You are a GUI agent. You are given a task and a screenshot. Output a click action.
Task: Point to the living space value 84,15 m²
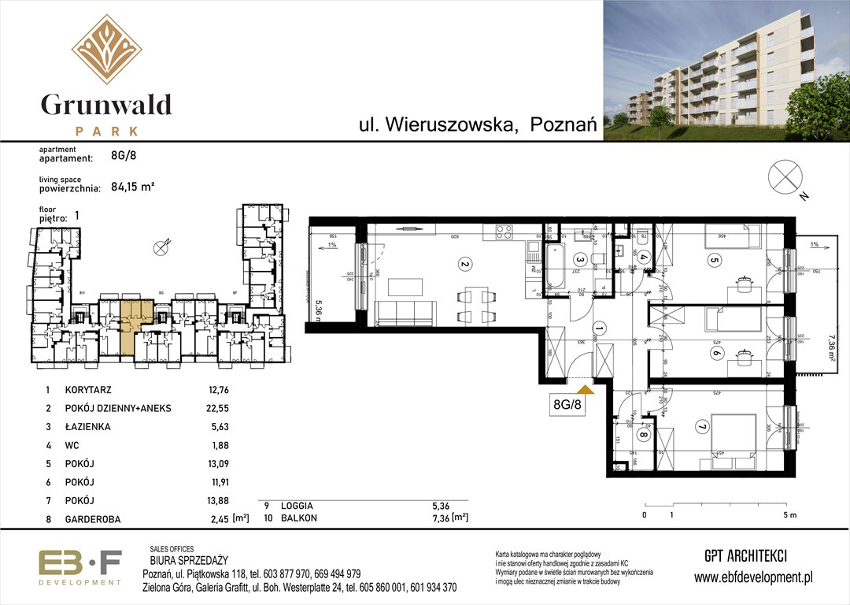132,187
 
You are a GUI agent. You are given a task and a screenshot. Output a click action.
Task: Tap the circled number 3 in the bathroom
580,259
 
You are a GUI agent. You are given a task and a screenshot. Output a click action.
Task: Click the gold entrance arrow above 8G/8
585,388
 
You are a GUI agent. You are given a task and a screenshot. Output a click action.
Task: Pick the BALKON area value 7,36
440,517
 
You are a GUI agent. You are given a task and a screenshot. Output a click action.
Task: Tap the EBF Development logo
80,567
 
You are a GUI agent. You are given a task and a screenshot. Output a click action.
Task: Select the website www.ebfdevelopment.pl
753,577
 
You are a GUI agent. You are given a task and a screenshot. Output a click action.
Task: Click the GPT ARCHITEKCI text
745,555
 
